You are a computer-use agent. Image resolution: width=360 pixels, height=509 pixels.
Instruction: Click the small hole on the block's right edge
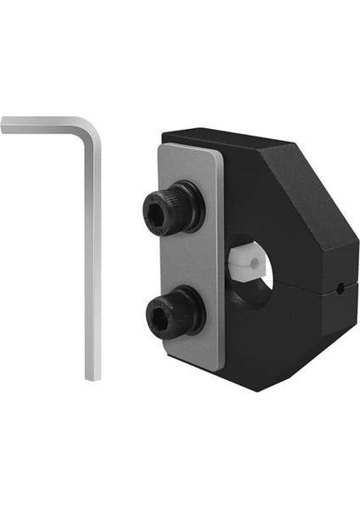pos(340,288)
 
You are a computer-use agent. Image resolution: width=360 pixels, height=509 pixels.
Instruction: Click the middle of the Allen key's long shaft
pos(93,255)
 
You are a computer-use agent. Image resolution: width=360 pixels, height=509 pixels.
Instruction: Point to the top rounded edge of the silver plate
pos(187,145)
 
